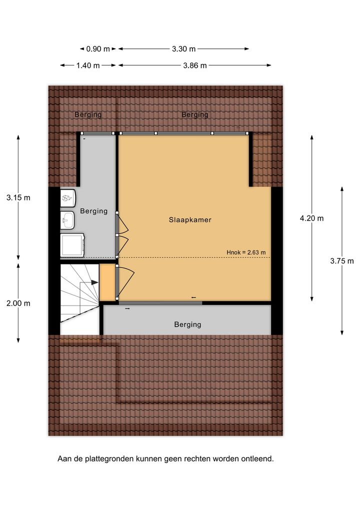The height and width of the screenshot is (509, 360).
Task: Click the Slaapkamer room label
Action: pos(190,220)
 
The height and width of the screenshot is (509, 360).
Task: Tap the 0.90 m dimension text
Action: pos(97,49)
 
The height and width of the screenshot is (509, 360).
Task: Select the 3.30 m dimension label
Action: pos(183,49)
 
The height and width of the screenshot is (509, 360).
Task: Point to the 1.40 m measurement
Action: pos(88,65)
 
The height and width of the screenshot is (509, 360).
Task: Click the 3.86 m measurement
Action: pos(195,65)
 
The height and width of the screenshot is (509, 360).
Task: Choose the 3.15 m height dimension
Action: pos(18,197)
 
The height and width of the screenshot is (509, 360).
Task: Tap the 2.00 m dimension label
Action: pos(18,303)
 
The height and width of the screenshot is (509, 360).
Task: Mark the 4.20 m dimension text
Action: pos(311,218)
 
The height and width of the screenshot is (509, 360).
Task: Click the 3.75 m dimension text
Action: pos(342,260)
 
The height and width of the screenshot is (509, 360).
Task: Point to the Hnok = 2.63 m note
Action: pos(246,252)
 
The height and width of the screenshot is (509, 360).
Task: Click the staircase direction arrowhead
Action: pos(94,282)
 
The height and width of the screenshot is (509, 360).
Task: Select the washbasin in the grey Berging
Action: pos(67,220)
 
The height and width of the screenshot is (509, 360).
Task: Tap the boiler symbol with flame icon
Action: pos(68,197)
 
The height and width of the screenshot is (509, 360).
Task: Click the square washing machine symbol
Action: pos(72,245)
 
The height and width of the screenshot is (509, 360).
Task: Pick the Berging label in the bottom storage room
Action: pos(187,324)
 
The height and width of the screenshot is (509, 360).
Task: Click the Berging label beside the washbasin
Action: pos(94,211)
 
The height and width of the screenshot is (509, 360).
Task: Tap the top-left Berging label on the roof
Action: pos(88,114)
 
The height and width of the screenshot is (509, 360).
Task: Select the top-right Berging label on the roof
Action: pos(195,114)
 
